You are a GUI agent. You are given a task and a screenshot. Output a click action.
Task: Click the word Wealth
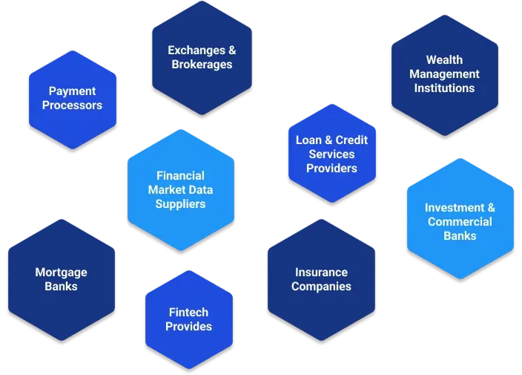coord(444,60)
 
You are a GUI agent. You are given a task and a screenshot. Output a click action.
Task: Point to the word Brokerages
coord(202,65)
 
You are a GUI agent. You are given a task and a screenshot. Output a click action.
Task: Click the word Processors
coord(72,105)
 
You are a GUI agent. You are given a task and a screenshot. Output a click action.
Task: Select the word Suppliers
coord(180,204)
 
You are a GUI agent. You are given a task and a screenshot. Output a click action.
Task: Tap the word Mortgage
coord(61,273)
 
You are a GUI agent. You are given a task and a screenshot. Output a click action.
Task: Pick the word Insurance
coord(321,273)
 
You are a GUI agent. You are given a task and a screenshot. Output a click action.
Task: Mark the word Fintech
coord(188,313)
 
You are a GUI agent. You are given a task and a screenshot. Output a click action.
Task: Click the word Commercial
coord(460,222)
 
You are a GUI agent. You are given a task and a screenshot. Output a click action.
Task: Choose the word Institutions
coord(444,88)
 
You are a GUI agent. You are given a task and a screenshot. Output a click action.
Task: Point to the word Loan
coord(308,140)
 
